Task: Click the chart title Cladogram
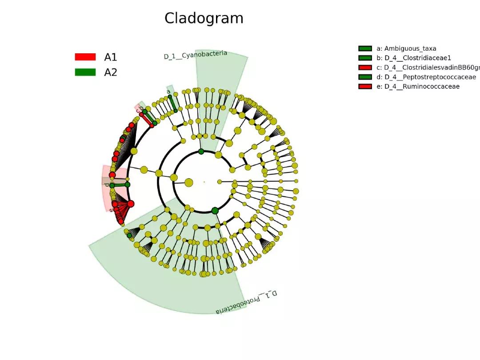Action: tap(204, 18)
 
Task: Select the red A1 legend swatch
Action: tap(85, 57)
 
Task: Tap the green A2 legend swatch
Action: tap(85, 72)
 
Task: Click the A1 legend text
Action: tap(111, 57)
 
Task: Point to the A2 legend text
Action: tap(111, 72)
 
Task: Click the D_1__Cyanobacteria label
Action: tap(196, 55)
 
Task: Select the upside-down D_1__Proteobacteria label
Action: tap(247, 302)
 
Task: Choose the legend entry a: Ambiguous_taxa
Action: tap(406, 48)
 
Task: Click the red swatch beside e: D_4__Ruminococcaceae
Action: tap(365, 86)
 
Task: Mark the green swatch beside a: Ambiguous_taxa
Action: tap(365, 48)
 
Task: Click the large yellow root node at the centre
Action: tap(189, 182)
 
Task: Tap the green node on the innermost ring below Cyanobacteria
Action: tap(201, 152)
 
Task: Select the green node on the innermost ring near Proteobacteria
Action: tap(215, 210)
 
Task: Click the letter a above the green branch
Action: tap(168, 92)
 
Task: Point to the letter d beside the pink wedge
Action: tap(106, 184)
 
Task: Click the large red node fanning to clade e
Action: tap(131, 204)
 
